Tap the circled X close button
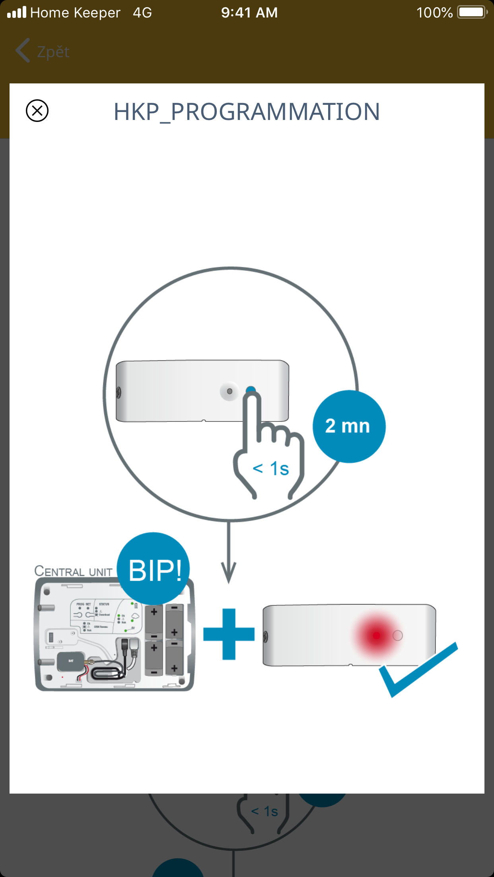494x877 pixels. tap(37, 110)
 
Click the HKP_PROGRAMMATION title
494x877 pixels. tap(247, 112)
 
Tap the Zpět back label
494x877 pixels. tap(53, 52)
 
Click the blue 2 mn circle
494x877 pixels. tap(348, 426)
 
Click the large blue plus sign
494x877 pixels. tap(229, 634)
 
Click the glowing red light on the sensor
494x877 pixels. tap(376, 636)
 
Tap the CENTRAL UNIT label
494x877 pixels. tap(73, 572)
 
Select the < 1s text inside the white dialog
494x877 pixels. tap(271, 469)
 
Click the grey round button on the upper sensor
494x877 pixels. tap(229, 391)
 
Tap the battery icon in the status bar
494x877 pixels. tap(473, 12)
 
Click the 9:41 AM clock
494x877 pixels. tap(249, 13)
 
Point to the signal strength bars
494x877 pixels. tap(17, 12)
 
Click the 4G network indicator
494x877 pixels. tap(142, 13)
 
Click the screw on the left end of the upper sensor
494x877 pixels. tap(119, 392)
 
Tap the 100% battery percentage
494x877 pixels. tap(434, 13)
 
